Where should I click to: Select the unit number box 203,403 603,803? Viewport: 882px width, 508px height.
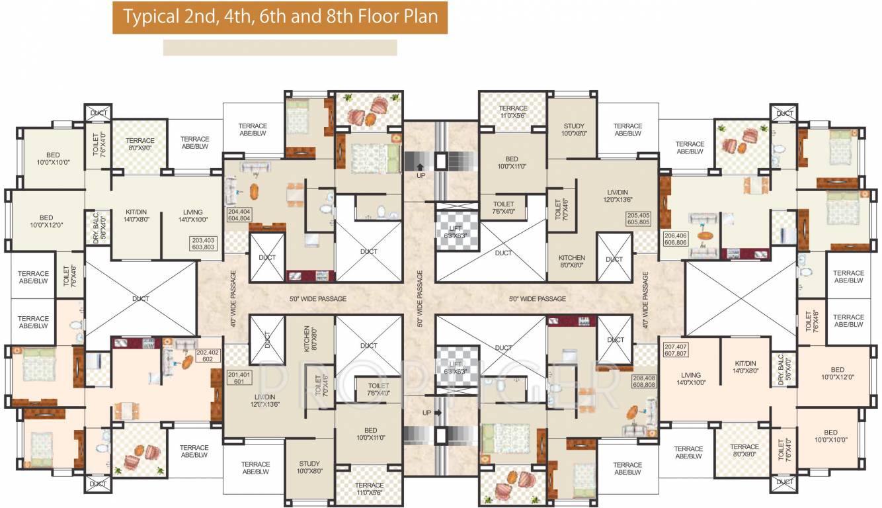203,243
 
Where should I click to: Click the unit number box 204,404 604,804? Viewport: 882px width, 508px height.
239,213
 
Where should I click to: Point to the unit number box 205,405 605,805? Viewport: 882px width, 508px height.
639,219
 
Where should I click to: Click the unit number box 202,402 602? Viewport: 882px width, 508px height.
208,355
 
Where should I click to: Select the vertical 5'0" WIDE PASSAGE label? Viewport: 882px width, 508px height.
419,298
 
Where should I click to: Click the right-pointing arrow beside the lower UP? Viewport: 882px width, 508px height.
437,412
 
